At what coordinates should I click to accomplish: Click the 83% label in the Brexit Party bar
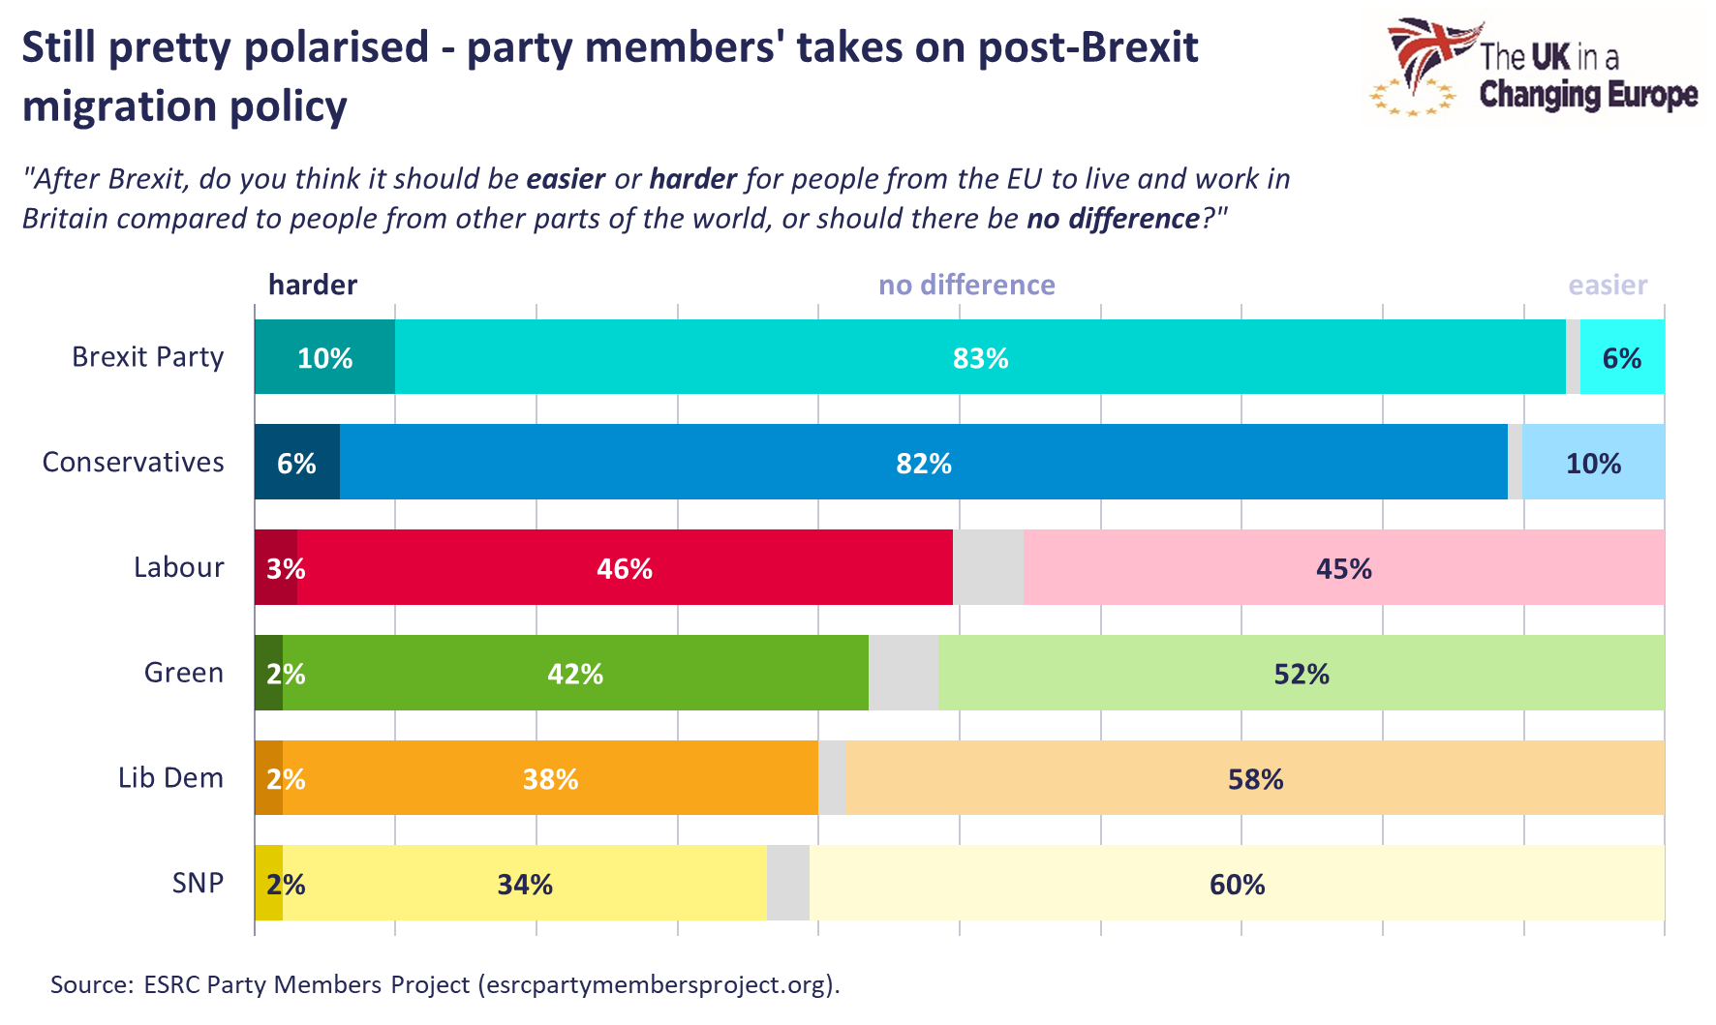point(980,358)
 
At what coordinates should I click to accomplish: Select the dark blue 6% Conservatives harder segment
point(296,463)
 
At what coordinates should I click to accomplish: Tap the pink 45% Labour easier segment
point(1343,568)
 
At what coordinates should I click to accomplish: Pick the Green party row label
point(183,673)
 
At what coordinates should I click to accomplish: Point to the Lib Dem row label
point(170,778)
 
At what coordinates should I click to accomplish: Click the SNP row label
point(198,883)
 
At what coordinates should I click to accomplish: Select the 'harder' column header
point(312,285)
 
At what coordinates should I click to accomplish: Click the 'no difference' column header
point(966,285)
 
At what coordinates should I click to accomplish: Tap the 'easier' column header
point(1608,285)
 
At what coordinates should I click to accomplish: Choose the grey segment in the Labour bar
point(988,568)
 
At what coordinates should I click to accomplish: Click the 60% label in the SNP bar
point(1237,884)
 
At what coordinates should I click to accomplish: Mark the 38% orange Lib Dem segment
point(550,778)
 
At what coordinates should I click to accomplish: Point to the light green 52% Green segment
point(1301,674)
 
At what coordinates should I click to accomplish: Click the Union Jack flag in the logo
point(1429,53)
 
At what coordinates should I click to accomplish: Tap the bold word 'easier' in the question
point(566,179)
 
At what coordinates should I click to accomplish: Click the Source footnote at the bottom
point(444,984)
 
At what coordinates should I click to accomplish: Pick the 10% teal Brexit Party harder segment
point(324,358)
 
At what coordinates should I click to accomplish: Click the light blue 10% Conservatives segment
point(1593,463)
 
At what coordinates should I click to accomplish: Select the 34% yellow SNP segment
point(524,884)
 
